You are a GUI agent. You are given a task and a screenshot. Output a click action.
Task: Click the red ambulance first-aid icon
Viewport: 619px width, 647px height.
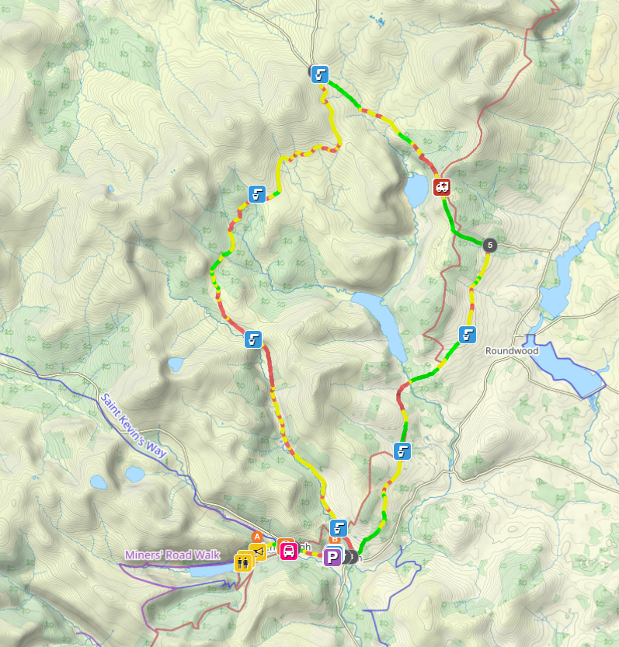coord(442,186)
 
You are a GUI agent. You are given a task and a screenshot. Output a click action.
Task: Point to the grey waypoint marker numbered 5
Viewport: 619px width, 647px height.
coord(489,245)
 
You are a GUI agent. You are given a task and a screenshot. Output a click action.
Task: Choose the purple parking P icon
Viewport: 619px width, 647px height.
coord(332,557)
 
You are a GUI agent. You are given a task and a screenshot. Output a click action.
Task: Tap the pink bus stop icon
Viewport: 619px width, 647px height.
coord(287,551)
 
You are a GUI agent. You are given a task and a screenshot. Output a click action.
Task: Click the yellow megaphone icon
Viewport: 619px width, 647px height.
coord(259,551)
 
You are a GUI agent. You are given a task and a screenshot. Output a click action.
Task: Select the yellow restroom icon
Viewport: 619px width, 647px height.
coord(242,562)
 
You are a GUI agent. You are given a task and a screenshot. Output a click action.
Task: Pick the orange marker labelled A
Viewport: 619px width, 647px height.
coord(257,535)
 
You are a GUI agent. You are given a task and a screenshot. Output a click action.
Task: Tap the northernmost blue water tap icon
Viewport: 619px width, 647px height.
coord(319,75)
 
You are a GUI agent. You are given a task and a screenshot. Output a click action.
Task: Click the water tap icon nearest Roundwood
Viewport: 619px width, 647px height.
coord(467,335)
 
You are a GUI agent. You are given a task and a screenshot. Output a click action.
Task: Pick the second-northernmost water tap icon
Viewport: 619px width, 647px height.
coord(256,194)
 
